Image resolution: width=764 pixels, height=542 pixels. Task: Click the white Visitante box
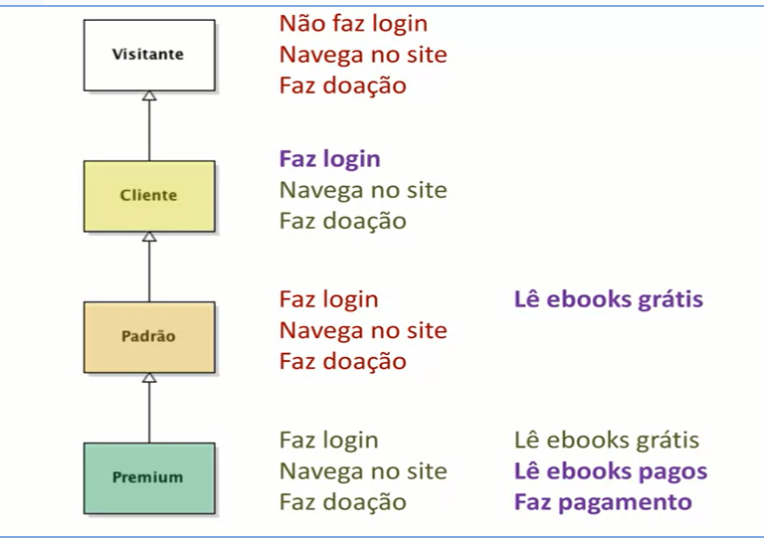tap(148, 54)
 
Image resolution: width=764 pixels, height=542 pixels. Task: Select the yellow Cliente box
tap(148, 196)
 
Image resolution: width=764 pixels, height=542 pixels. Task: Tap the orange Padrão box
tap(148, 337)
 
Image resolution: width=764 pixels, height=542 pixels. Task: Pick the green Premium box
tap(148, 477)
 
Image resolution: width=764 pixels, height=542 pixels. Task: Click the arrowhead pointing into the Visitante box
tap(149, 95)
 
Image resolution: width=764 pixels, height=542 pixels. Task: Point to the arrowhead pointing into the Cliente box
tap(149, 237)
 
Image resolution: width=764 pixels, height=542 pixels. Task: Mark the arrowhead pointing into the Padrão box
tap(149, 378)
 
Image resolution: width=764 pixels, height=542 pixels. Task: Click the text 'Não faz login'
tap(353, 23)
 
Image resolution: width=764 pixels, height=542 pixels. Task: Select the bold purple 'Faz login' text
tap(329, 159)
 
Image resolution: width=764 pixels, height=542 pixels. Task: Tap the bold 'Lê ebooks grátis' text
tap(608, 299)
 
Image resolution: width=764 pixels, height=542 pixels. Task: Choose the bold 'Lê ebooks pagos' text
tap(610, 471)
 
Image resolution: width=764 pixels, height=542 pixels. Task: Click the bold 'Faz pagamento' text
tap(602, 502)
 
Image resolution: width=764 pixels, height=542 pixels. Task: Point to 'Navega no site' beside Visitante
tap(362, 54)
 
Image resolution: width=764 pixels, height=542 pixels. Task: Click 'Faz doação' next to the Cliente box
tap(342, 221)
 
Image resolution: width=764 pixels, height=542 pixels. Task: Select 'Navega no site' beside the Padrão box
tap(362, 330)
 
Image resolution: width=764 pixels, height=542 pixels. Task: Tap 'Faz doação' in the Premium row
tap(342, 502)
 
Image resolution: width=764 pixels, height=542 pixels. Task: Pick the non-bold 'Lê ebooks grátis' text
tap(606, 440)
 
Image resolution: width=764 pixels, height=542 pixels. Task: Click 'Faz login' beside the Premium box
tap(328, 440)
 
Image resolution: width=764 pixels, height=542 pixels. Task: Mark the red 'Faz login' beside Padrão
tap(328, 299)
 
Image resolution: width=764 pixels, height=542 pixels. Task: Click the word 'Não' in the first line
tap(299, 23)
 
